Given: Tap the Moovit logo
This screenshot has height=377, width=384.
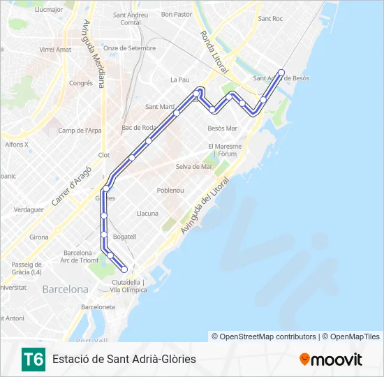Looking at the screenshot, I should pyautogui.click(x=331, y=360).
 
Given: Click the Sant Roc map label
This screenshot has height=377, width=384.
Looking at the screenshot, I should pyautogui.click(x=269, y=19).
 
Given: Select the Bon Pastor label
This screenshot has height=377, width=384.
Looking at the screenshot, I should pyautogui.click(x=176, y=14).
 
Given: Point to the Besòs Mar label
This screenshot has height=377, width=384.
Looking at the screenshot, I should pyautogui.click(x=223, y=128).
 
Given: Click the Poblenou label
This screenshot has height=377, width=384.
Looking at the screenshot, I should pyautogui.click(x=170, y=190).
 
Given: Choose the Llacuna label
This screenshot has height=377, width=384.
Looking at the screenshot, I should pyautogui.click(x=147, y=214).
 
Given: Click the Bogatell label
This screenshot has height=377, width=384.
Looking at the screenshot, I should pyautogui.click(x=124, y=237).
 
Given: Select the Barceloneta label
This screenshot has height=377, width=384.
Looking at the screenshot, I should pyautogui.click(x=98, y=306).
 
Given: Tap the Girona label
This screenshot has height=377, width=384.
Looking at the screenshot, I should pyautogui.click(x=39, y=237).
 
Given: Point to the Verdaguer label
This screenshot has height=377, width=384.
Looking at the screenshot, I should pyautogui.click(x=29, y=209).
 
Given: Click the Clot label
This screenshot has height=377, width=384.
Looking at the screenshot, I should pyautogui.click(x=104, y=155).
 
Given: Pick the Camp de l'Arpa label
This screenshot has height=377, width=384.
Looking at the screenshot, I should pyautogui.click(x=80, y=131).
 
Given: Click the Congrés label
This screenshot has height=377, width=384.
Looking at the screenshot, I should pyautogui.click(x=81, y=83).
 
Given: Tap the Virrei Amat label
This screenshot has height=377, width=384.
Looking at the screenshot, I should pyautogui.click(x=55, y=50).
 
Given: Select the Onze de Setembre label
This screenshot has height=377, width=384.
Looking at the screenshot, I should pyautogui.click(x=129, y=48).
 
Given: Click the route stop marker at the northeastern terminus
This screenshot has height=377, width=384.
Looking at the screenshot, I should pyautogui.click(x=281, y=72).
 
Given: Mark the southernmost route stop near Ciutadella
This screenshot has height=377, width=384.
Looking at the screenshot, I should pyautogui.click(x=124, y=269).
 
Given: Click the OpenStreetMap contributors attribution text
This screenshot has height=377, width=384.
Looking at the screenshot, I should pyautogui.click(x=264, y=337).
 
